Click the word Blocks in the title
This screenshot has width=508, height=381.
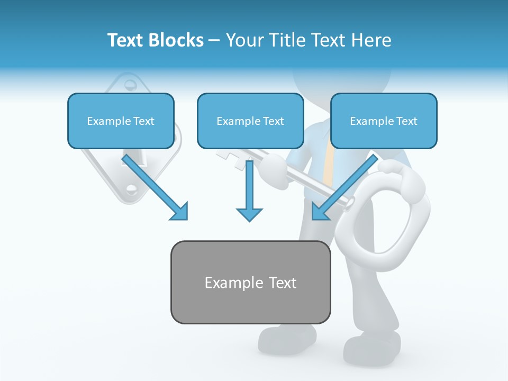tap(176, 40)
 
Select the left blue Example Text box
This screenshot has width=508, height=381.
tap(121, 121)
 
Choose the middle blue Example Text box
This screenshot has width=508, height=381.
tap(250, 121)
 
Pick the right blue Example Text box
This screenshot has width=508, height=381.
tap(384, 121)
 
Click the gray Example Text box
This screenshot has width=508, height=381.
tap(250, 282)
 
